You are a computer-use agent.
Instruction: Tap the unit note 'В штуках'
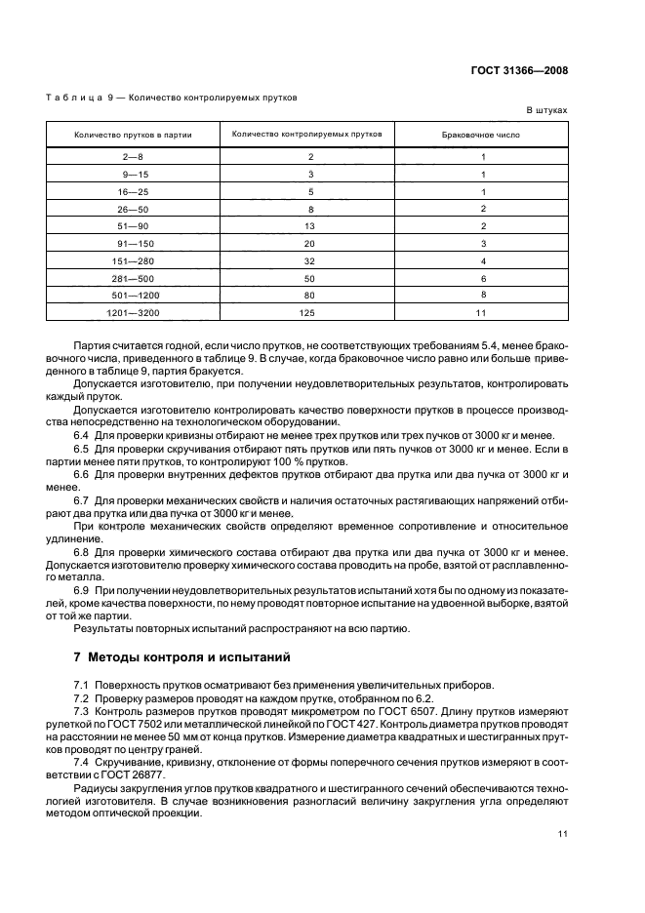pos(546,111)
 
